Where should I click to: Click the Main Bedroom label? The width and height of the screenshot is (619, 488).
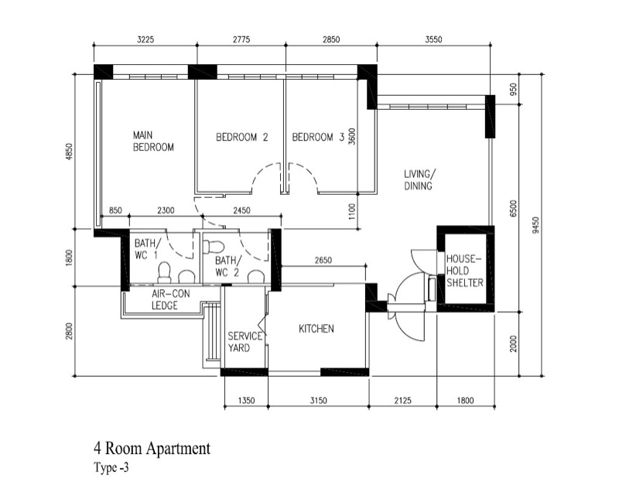[x=153, y=142]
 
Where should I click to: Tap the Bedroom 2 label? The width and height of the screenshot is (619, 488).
[x=242, y=138]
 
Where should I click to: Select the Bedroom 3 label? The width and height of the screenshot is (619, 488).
[x=318, y=138]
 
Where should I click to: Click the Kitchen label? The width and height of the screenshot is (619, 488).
[x=316, y=329]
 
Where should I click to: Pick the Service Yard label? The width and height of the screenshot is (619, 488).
[x=245, y=342]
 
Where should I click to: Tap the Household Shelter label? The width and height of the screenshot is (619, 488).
[x=465, y=271]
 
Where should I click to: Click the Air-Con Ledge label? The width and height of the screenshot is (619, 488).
[x=170, y=299]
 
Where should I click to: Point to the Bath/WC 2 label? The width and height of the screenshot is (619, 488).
[x=227, y=266]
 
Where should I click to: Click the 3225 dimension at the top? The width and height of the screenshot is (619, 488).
[x=145, y=39]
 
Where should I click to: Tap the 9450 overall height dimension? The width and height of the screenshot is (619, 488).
[x=535, y=225]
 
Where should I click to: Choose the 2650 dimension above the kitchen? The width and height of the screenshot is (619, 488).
[x=323, y=260]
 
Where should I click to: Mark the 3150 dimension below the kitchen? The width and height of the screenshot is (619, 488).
[x=318, y=401]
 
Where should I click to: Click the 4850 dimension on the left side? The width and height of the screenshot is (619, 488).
[x=69, y=152]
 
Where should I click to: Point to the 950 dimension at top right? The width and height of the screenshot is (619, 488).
[x=513, y=89]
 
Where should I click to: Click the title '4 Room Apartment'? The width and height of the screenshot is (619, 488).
[x=152, y=449]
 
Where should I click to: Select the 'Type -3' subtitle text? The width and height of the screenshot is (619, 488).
[x=111, y=468]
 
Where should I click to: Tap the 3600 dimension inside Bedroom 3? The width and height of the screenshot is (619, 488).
[x=352, y=136]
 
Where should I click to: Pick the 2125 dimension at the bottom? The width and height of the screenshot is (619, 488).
[x=402, y=401]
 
